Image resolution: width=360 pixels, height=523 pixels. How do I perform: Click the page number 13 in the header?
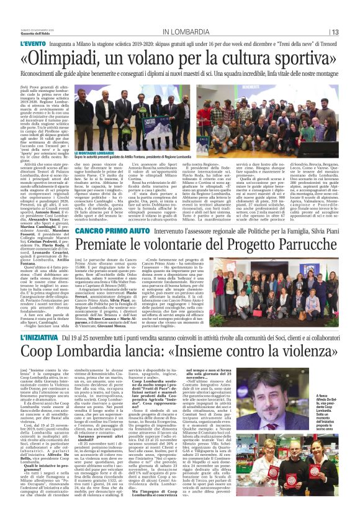(x=335, y=32)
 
